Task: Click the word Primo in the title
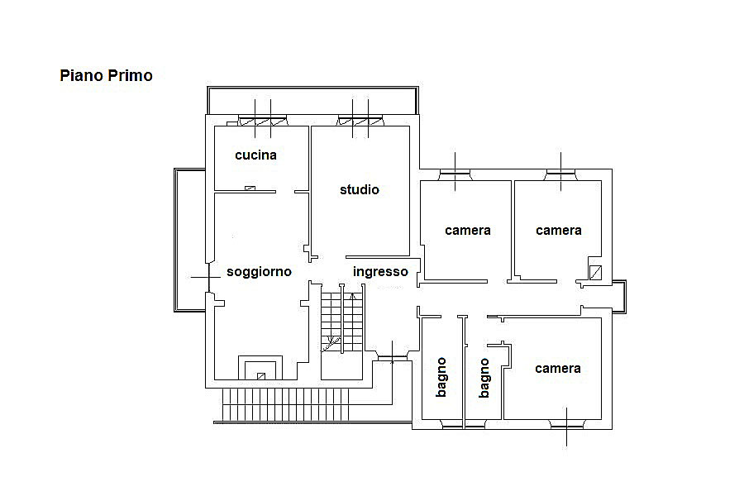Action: tap(130, 75)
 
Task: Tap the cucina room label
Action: tap(255, 155)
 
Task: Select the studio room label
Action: tap(360, 190)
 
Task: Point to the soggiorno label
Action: tap(259, 272)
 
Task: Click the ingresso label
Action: tap(380, 272)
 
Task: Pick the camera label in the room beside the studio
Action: tap(468, 231)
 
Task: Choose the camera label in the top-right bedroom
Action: tap(559, 231)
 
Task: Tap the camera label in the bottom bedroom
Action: tap(557, 369)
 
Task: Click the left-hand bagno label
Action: tap(441, 377)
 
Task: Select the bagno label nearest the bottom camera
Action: tap(484, 378)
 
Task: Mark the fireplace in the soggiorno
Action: tap(260, 368)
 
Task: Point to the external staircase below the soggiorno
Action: tap(285, 404)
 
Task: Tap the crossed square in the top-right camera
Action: tap(595, 273)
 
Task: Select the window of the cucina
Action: tap(263, 121)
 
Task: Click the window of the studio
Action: tap(360, 121)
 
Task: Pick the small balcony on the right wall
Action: tap(619, 297)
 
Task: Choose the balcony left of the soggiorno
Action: tap(190, 240)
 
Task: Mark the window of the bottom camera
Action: tap(566, 423)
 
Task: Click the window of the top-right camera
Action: tap(560, 175)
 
